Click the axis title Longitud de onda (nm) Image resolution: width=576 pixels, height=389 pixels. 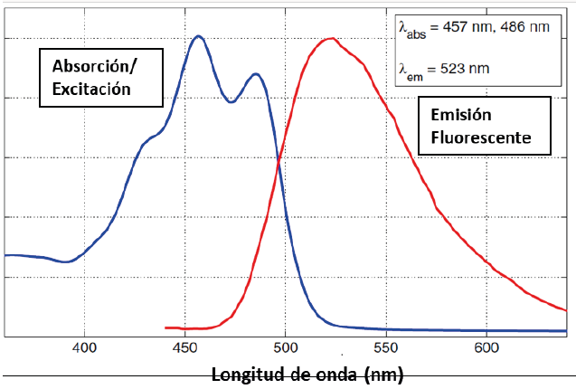[x=307, y=374]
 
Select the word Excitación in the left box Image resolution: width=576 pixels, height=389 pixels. [x=92, y=89]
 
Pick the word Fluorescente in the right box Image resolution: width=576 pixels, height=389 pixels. [x=479, y=138]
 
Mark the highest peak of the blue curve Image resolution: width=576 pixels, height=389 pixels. [x=199, y=36]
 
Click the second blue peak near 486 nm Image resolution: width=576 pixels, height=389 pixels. [x=257, y=74]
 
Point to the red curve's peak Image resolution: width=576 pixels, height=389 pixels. [x=332, y=39]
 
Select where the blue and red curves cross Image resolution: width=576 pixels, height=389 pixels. [x=279, y=161]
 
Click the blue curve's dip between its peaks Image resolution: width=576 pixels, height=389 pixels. [x=231, y=101]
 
